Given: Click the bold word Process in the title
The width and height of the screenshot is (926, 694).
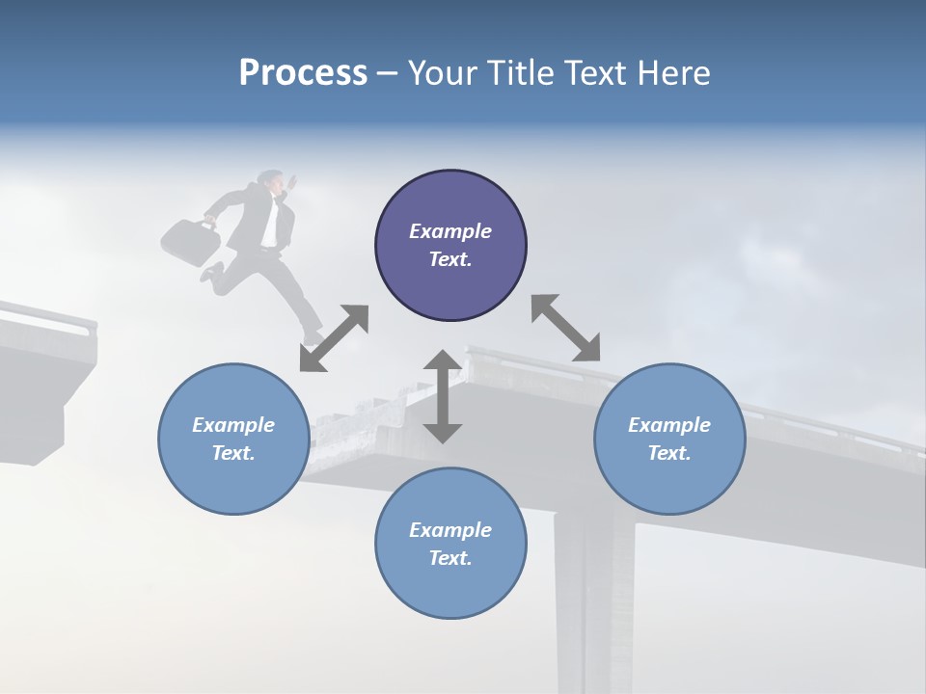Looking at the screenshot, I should [303, 73].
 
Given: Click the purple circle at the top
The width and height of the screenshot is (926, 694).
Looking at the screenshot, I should [450, 245].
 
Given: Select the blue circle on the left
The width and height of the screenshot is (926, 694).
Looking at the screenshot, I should [233, 439].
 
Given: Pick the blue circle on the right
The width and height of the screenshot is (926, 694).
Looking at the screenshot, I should [669, 439].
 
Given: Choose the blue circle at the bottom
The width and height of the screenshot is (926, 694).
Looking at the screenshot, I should [450, 544].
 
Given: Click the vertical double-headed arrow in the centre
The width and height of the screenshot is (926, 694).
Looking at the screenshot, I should [443, 396].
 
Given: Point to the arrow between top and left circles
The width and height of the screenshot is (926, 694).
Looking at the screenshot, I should [334, 338].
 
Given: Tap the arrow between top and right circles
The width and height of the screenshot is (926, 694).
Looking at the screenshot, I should [565, 328].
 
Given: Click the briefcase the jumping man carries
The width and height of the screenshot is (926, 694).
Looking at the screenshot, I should [190, 240].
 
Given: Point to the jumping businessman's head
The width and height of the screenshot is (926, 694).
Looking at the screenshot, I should [274, 181].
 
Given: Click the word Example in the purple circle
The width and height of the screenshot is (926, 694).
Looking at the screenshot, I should [450, 231].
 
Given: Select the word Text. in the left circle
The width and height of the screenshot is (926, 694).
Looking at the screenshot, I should [233, 453].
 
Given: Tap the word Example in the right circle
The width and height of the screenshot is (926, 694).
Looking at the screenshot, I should [669, 425].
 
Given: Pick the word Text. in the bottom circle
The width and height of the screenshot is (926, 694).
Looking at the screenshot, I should [450, 558].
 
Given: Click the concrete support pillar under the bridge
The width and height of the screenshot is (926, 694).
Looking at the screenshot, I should [584, 598].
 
